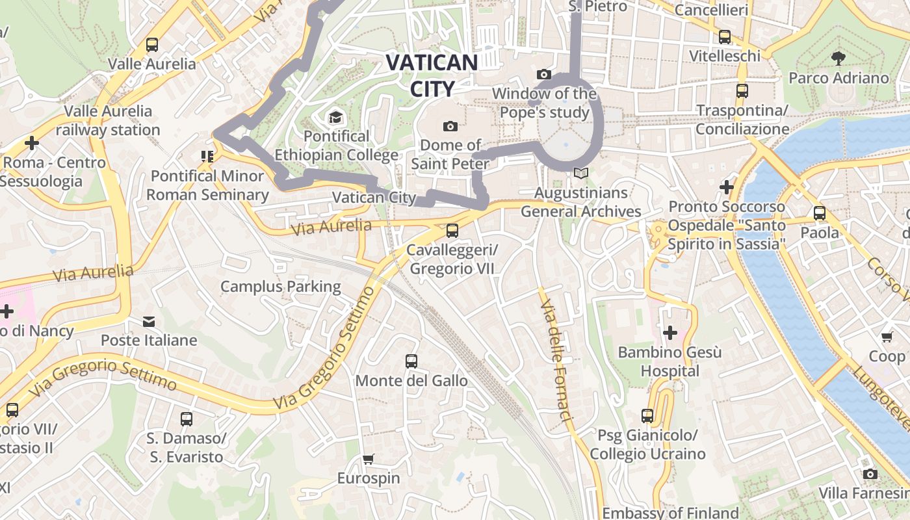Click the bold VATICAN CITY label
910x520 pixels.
[x=432, y=75]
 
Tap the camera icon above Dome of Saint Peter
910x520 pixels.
[x=450, y=126]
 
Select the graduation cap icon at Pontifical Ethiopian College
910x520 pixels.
[x=335, y=117]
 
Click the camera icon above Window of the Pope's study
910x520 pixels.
[x=544, y=75]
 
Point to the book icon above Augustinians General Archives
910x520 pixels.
[x=580, y=174]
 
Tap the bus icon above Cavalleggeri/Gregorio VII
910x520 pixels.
[x=452, y=230]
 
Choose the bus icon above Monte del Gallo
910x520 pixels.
[x=411, y=361]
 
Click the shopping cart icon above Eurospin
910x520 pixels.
[x=369, y=460]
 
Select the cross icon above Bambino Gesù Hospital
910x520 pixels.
[x=669, y=333]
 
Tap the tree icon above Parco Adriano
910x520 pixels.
[x=838, y=58]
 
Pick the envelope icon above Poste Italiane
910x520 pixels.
[x=149, y=321]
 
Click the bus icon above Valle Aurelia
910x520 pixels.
[x=152, y=44]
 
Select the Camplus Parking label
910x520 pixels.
[x=280, y=286]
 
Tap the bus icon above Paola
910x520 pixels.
[x=819, y=213]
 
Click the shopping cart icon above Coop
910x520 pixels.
[x=887, y=337]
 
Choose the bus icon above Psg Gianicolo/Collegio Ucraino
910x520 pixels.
[x=647, y=415]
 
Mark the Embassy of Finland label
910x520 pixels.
[x=670, y=513]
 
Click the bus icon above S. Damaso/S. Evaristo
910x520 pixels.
[x=187, y=419]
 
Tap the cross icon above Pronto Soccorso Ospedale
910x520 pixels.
[x=726, y=188]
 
